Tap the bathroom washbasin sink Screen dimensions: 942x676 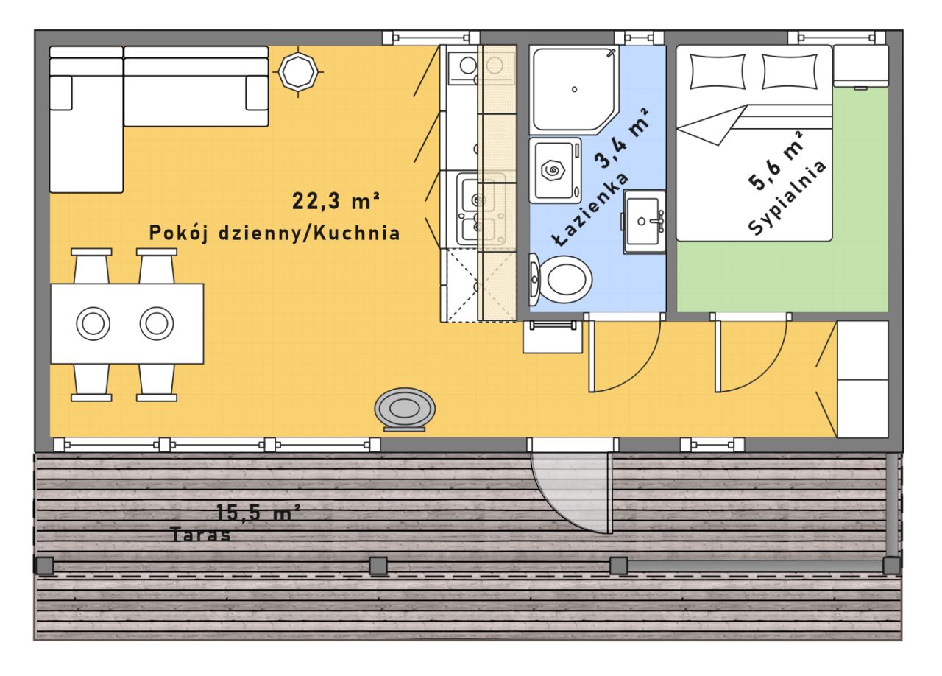(645, 222)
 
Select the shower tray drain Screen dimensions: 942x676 (575, 89)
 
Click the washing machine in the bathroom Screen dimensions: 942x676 (555, 171)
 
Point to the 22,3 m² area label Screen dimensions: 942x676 (336, 201)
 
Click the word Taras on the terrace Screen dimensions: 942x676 (201, 535)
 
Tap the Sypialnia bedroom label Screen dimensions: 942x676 (787, 198)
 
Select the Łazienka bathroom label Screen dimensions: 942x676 (591, 210)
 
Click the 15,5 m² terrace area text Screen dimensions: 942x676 (258, 513)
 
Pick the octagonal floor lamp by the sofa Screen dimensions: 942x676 (298, 72)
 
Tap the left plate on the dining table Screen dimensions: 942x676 (93, 324)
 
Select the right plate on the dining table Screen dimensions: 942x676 (157, 324)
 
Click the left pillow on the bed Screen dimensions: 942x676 (717, 71)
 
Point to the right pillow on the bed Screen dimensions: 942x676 (790, 71)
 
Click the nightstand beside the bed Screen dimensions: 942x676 (861, 66)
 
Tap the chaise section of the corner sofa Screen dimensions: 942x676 (86, 120)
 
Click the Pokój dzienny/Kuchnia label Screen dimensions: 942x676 (275, 233)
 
